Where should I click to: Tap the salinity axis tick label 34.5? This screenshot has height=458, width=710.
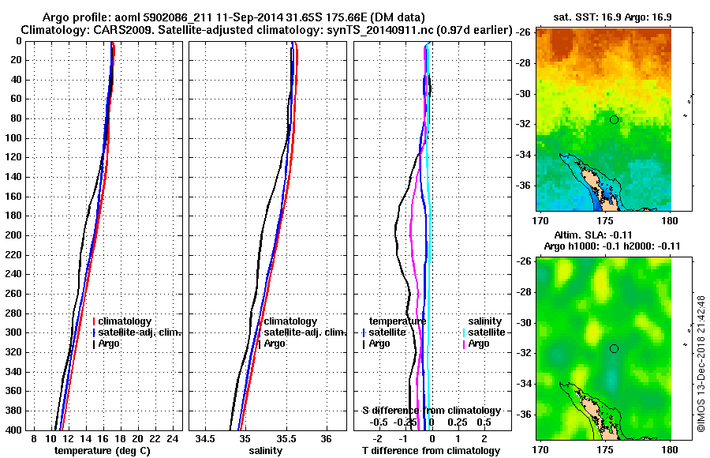(207, 438)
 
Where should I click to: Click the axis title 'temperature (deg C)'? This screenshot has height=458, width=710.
(102, 450)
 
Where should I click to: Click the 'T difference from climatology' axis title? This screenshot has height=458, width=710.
(431, 450)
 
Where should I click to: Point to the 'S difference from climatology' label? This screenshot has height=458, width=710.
(431, 411)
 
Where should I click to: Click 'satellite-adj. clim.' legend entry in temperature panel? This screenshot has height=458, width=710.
(140, 332)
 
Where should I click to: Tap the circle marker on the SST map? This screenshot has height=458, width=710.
(614, 119)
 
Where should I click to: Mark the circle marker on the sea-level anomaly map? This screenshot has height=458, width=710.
(614, 348)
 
